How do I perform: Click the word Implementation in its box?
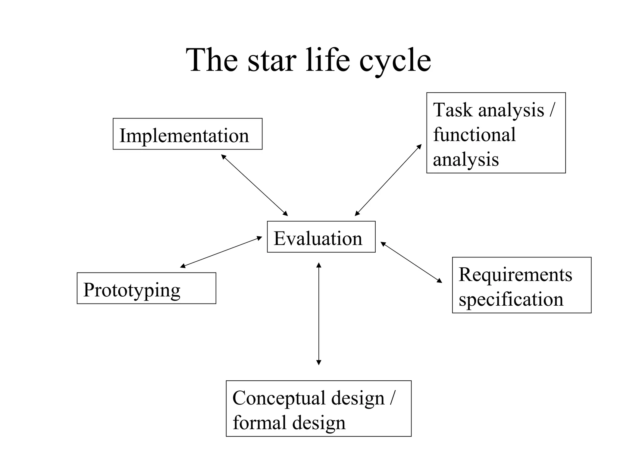(x=184, y=136)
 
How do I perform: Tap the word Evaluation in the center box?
(x=318, y=238)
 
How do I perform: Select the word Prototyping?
(x=132, y=290)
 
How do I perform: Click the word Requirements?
(x=515, y=275)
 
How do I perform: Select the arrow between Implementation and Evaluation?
(x=255, y=185)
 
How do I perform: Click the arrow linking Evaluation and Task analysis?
(x=388, y=180)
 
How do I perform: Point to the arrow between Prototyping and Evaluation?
(x=221, y=252)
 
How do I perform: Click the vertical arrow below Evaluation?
(x=319, y=313)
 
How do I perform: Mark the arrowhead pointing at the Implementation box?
(x=223, y=156)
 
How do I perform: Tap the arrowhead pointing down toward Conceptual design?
(x=319, y=363)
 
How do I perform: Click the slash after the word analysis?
(x=552, y=110)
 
